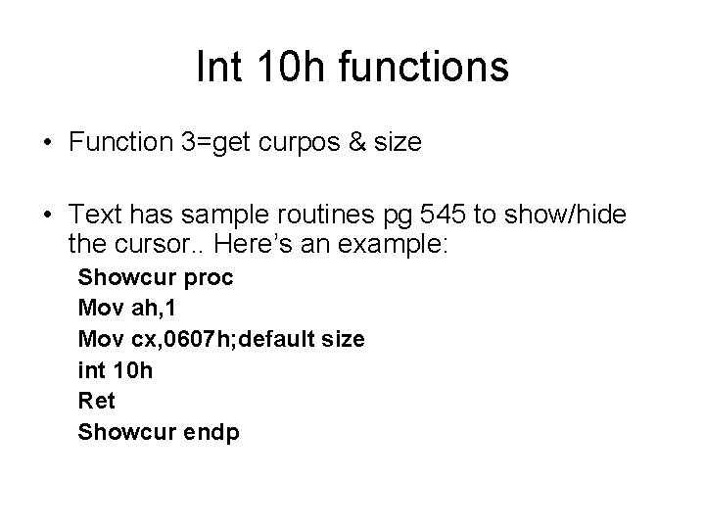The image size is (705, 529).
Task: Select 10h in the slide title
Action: (283, 68)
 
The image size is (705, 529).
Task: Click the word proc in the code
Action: (210, 277)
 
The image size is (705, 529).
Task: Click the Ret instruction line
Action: (96, 401)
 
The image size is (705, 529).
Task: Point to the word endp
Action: (213, 431)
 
